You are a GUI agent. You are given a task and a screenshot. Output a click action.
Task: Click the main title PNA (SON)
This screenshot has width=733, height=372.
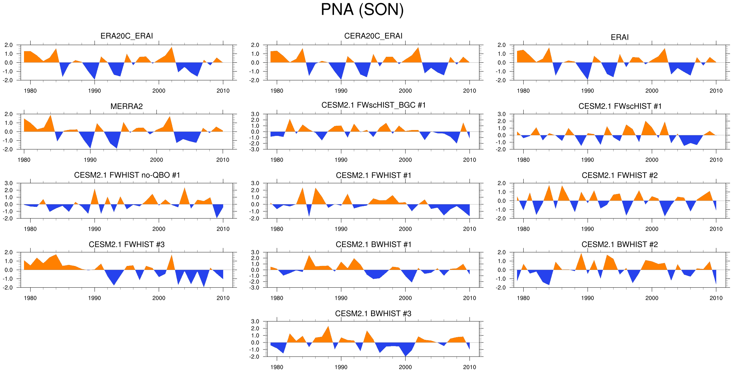click(x=362, y=10)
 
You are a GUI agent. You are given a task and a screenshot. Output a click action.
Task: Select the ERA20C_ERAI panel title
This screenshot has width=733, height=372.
click(x=127, y=36)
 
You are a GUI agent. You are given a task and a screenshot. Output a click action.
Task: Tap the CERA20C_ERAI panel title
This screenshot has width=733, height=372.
click(x=373, y=36)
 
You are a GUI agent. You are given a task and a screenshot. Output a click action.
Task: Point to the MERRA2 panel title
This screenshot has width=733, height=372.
click(x=127, y=106)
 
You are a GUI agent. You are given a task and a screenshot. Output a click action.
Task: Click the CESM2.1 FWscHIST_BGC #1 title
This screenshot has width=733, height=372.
click(x=373, y=105)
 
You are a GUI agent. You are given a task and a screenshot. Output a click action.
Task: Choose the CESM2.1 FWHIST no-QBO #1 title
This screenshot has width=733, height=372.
click(x=127, y=175)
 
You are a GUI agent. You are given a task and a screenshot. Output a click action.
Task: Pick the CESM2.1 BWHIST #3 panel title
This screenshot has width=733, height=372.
click(x=373, y=314)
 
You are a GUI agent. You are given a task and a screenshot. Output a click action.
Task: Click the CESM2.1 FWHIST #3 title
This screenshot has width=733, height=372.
click(x=127, y=244)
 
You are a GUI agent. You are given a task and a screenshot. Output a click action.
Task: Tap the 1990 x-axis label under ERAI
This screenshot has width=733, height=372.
click(x=587, y=91)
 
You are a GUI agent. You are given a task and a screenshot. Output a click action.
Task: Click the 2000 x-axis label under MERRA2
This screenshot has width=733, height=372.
click(x=156, y=160)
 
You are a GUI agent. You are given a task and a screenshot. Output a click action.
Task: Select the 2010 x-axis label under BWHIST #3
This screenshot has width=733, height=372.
click(x=469, y=367)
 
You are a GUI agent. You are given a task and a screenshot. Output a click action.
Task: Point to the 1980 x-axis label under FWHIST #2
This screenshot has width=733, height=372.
click(x=523, y=229)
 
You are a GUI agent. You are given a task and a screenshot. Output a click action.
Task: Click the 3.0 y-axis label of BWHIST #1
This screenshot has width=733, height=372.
click(x=255, y=252)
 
